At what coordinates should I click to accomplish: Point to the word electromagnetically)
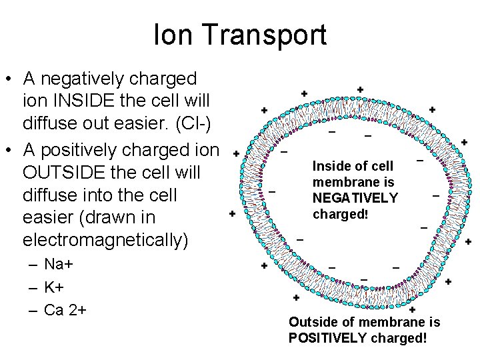[106, 239]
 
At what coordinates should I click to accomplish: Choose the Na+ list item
[58, 264]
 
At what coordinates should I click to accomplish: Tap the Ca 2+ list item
[66, 310]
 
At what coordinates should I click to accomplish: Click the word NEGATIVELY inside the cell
[355, 198]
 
